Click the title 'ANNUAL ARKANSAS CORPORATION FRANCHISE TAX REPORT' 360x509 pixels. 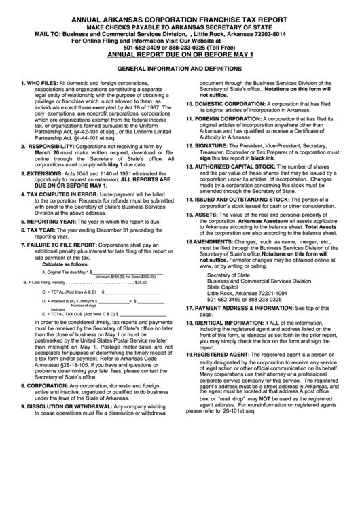point(180,20)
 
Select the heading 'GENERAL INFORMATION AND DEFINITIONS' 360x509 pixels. point(180,69)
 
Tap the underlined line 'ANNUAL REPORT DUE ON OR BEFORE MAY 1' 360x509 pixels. point(180,54)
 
